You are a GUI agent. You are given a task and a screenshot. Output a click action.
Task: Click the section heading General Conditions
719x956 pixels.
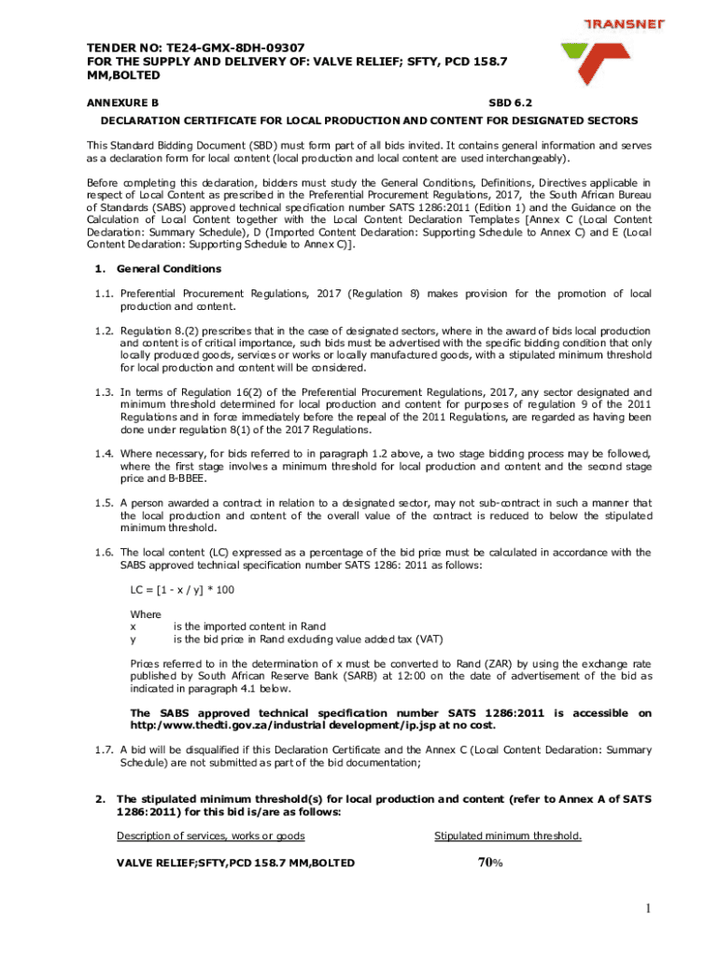(x=168, y=269)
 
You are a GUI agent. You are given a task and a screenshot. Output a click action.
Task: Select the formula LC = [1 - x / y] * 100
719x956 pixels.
(x=181, y=591)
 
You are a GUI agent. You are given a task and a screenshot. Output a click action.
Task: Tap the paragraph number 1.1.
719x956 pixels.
(x=104, y=294)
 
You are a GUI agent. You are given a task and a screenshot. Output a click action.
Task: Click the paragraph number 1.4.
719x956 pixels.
(x=104, y=454)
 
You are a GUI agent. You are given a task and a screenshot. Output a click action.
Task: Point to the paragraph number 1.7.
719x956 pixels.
(x=104, y=751)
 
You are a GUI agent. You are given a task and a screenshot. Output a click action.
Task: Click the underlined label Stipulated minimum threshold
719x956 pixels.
(x=508, y=836)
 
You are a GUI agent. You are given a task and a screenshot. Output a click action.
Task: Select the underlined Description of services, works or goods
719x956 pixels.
(x=210, y=836)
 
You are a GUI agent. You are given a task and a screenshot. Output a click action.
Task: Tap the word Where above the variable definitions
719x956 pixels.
(x=145, y=614)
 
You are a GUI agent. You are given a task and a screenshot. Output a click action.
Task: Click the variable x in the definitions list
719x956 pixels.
(x=133, y=626)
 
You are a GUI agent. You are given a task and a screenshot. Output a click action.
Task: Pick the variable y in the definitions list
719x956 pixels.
(x=133, y=640)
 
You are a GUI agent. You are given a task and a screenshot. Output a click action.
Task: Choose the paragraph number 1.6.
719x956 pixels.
(x=104, y=553)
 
